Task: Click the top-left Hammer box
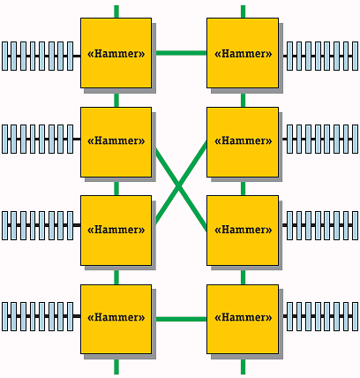[116, 53]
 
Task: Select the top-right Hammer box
[243, 53]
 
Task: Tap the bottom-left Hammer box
[116, 318]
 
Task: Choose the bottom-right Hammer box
[243, 318]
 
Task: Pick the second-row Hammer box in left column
[116, 141]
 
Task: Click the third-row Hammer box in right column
[243, 230]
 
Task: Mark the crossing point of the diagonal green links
[179, 185]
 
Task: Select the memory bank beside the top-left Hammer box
[37, 55]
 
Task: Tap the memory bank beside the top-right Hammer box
[320, 55]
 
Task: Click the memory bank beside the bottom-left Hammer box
[37, 316]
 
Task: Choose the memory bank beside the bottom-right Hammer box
[320, 316]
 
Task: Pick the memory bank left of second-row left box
[37, 139]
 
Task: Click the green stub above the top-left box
[116, 11]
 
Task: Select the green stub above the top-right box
[243, 11]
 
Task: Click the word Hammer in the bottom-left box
[116, 318]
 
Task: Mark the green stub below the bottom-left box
[116, 367]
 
